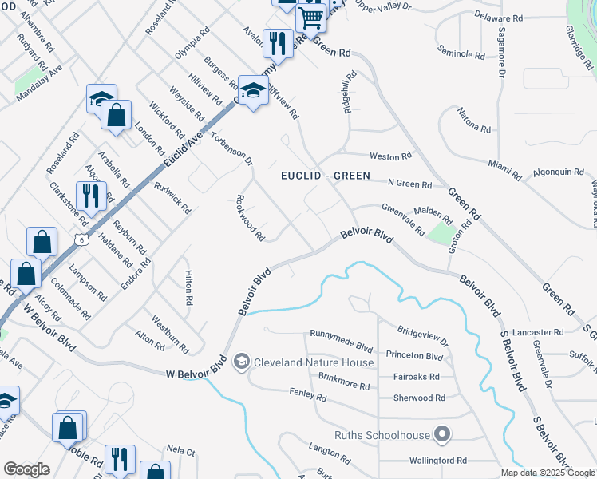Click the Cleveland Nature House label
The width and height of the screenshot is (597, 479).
coord(314,362)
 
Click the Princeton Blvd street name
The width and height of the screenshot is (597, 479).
coord(413,356)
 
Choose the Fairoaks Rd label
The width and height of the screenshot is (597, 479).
coord(416,377)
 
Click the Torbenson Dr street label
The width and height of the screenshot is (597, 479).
coord(231,148)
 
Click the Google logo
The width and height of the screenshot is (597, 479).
coord(26,469)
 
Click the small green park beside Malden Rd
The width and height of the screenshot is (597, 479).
coord(438,234)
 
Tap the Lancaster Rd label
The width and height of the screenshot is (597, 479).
coord(539,332)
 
